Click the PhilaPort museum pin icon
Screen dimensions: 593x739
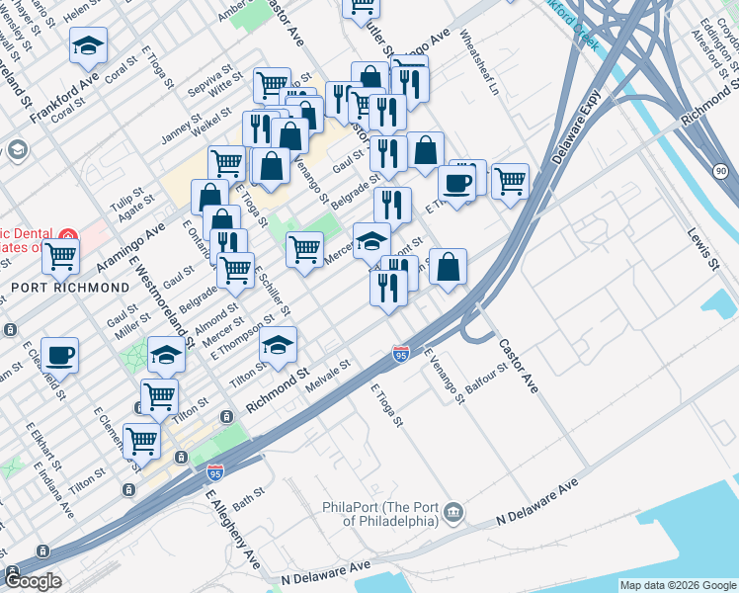coord(453,511)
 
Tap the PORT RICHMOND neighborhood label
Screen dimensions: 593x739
coord(70,288)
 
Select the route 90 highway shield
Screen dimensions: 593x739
coord(720,172)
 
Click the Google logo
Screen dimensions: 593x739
coord(33,581)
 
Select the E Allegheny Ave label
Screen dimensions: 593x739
coord(232,533)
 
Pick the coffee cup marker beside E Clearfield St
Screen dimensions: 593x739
coord(59,356)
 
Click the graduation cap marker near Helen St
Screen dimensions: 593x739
coord(88,45)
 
